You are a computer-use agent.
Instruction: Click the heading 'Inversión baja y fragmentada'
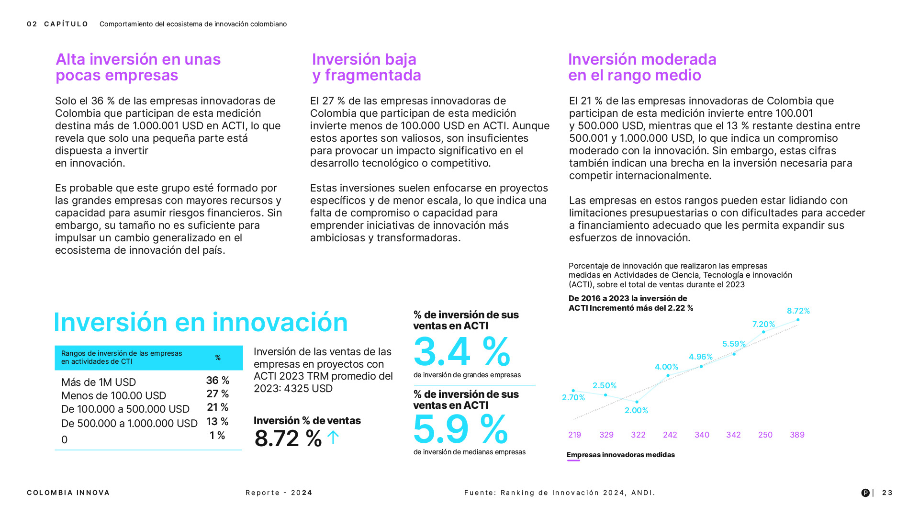[366, 67]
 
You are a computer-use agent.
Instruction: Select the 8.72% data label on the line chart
[798, 311]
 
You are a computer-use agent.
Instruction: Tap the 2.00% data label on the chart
[636, 411]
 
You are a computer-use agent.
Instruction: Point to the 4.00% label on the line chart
[666, 367]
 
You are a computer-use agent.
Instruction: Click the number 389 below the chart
[797, 435]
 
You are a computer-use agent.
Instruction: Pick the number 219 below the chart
[574, 435]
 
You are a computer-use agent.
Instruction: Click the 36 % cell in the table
[217, 381]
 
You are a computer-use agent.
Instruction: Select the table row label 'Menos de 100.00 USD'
[113, 396]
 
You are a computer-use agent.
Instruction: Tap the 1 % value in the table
[217, 436]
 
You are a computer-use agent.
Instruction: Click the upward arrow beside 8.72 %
[333, 437]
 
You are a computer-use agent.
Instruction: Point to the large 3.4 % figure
[461, 352]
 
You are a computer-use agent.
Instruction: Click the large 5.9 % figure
[460, 429]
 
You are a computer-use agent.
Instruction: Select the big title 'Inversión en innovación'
[201, 322]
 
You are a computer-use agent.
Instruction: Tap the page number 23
[887, 493]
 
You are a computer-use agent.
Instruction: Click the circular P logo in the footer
[865, 493]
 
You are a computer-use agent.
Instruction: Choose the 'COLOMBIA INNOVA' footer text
[68, 493]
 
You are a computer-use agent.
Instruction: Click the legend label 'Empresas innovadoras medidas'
[620, 455]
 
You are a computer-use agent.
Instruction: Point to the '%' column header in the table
[218, 358]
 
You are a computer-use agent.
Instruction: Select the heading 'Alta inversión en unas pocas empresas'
[138, 67]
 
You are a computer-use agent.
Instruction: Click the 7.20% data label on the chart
[763, 325]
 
